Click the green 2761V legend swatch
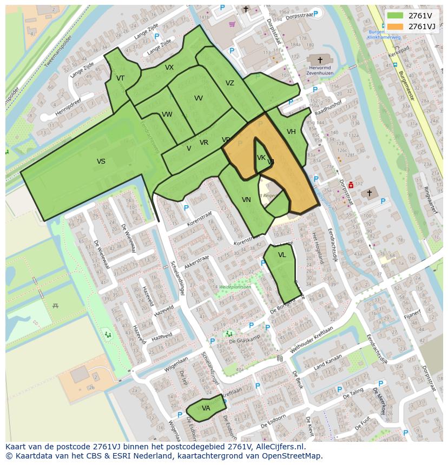tap(395, 16)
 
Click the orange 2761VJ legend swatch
tap(395, 26)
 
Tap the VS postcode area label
tap(101, 161)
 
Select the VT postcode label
tap(120, 78)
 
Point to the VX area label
tap(169, 68)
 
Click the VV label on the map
tap(199, 98)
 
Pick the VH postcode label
tap(291, 132)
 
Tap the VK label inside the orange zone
tap(261, 158)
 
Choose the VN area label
tap(246, 200)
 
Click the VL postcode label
tap(282, 255)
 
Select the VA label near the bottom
tap(206, 408)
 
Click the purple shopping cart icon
tap(232, 24)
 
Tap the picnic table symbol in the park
tap(55, 306)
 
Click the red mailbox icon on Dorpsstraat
tap(351, 185)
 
